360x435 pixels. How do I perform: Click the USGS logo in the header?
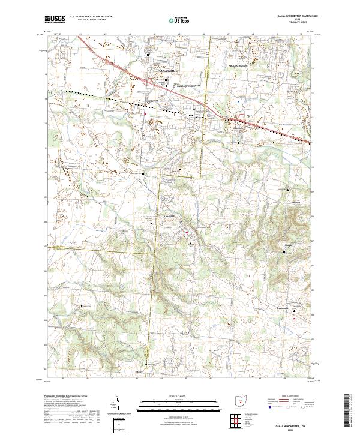pos(55,19)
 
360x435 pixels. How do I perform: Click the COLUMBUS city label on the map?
pos(170,71)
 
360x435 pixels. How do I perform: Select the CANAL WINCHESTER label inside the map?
pos(190,86)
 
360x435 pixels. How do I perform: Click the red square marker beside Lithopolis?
pos(186,232)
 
